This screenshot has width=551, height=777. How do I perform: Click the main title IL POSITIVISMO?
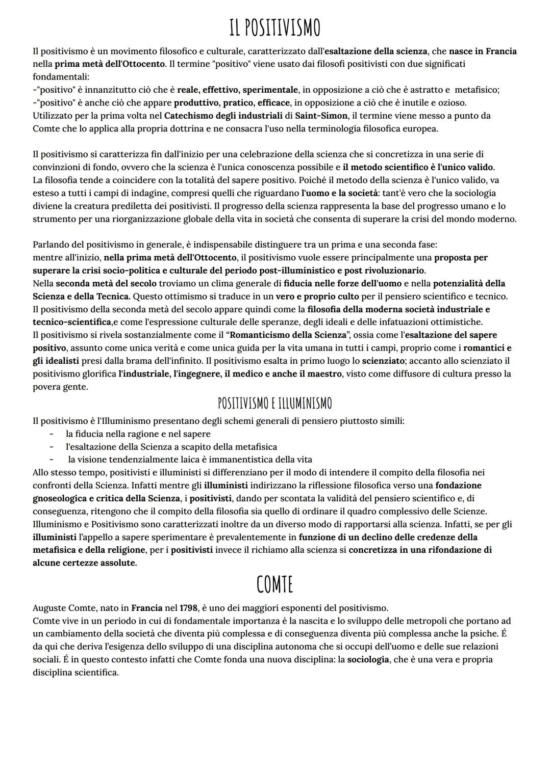click(x=274, y=28)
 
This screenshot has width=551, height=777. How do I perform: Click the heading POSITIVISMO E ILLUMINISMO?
click(x=274, y=404)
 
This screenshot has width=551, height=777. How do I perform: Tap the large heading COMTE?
click(x=274, y=585)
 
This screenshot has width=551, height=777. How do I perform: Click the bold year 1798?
click(x=188, y=608)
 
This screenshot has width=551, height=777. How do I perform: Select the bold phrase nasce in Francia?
click(x=483, y=51)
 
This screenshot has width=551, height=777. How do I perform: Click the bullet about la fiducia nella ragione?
click(x=138, y=434)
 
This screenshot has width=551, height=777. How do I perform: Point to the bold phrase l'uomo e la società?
click(x=338, y=193)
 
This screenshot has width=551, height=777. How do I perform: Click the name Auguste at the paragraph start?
click(x=49, y=608)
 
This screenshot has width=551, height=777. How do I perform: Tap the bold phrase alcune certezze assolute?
click(x=84, y=563)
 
